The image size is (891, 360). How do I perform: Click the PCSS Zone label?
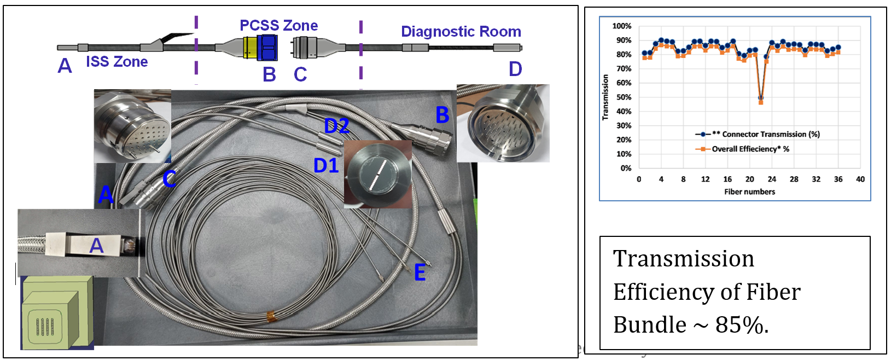pyautogui.click(x=278, y=25)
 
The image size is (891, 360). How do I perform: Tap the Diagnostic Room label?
pyautogui.click(x=461, y=32)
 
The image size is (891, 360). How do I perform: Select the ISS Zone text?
pyautogui.click(x=117, y=61)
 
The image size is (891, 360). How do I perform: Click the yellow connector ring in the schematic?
pyautogui.click(x=249, y=48)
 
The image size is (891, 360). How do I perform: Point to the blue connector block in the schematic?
pyautogui.click(x=267, y=47)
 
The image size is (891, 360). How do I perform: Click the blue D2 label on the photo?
pyautogui.click(x=336, y=126)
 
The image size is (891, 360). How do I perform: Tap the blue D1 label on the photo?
pyautogui.click(x=326, y=165)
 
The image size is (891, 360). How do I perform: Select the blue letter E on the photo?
pyautogui.click(x=420, y=272)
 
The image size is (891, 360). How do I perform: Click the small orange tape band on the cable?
pyautogui.click(x=270, y=316)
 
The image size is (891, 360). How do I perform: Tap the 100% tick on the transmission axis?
pyautogui.click(x=621, y=26)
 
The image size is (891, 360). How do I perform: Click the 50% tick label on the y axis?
pyautogui.click(x=624, y=97)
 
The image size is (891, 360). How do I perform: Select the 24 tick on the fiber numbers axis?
pyautogui.click(x=772, y=179)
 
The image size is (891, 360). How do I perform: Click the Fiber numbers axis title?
pyautogui.click(x=749, y=191)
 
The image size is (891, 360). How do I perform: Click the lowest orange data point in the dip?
pyautogui.click(x=761, y=102)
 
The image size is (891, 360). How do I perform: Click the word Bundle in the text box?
pyautogui.click(x=649, y=325)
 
